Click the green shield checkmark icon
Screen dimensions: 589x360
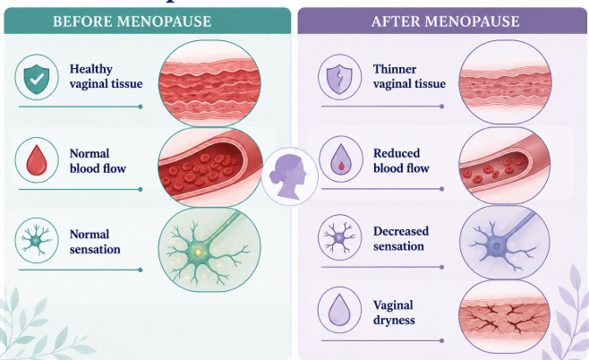pyautogui.click(x=37, y=79)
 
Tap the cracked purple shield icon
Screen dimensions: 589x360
pyautogui.click(x=339, y=79)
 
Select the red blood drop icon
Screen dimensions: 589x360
pyautogui.click(x=37, y=160)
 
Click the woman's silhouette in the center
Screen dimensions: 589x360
pyautogui.click(x=289, y=176)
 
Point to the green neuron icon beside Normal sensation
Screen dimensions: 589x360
pyautogui.click(x=36, y=240)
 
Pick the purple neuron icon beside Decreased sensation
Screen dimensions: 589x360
pyautogui.click(x=339, y=237)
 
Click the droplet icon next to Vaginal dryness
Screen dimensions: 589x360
pyautogui.click(x=339, y=310)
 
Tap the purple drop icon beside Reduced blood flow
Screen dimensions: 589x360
pyautogui.click(x=340, y=159)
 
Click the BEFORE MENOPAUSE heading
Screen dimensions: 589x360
pyautogui.click(x=132, y=21)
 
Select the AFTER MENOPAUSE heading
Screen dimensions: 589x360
pyautogui.click(x=446, y=21)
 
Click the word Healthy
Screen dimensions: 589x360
pyautogui.click(x=91, y=69)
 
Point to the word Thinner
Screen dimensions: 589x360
pyautogui.click(x=395, y=69)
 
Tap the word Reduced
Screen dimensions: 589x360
pyautogui.click(x=397, y=153)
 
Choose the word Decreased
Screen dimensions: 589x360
pyautogui.click(x=401, y=231)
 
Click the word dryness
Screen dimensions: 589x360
pyautogui.click(x=394, y=321)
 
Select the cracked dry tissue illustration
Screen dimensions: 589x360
pyautogui.click(x=505, y=317)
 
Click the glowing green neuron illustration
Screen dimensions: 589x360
pyautogui.click(x=209, y=250)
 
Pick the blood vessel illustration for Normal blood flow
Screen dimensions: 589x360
pyautogui.click(x=210, y=167)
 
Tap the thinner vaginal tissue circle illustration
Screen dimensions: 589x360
pyautogui.click(x=505, y=81)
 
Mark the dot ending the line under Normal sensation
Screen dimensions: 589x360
pyautogui.click(x=141, y=270)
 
